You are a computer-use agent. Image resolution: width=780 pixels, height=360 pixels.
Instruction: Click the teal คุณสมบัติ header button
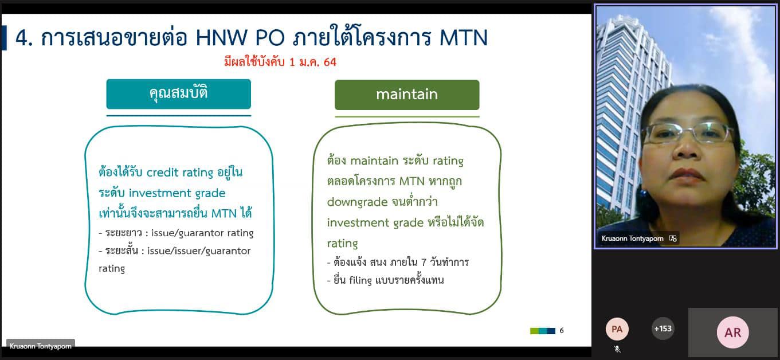(178, 93)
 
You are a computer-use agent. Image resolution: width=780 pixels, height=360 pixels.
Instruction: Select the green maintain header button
(407, 95)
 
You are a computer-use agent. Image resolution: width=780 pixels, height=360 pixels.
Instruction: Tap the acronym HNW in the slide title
(221, 37)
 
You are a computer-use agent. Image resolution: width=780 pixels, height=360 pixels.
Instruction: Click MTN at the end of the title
(464, 37)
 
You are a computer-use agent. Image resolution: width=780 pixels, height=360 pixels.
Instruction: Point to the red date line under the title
(280, 62)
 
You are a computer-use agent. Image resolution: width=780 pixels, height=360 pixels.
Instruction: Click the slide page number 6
(561, 330)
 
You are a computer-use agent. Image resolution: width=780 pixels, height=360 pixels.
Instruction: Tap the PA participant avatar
(617, 329)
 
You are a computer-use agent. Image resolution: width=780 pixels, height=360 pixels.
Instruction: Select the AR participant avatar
(732, 332)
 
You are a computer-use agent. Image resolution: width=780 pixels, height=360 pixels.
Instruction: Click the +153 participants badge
(663, 328)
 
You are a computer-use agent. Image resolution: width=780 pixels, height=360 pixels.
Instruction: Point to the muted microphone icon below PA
(617, 349)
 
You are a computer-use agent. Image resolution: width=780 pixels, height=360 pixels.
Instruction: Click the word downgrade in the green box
(357, 202)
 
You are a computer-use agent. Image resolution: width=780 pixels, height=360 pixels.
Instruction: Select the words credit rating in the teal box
(180, 173)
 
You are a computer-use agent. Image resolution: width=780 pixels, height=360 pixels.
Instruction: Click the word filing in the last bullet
(360, 280)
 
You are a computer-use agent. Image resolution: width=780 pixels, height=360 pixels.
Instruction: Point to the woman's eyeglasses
(686, 134)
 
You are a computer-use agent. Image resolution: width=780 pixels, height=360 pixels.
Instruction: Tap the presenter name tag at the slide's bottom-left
(40, 346)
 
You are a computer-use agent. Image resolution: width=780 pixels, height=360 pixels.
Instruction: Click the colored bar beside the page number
(543, 331)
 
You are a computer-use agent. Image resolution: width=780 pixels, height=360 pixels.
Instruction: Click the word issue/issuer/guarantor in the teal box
(199, 251)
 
